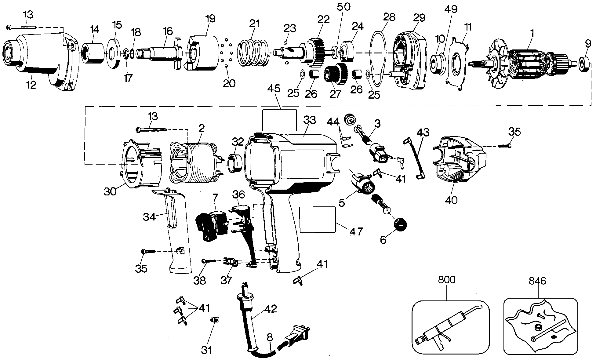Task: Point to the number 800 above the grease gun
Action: (447, 280)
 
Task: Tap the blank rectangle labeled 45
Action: (279, 120)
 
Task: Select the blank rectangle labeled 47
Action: (318, 219)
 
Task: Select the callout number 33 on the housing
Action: (309, 120)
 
